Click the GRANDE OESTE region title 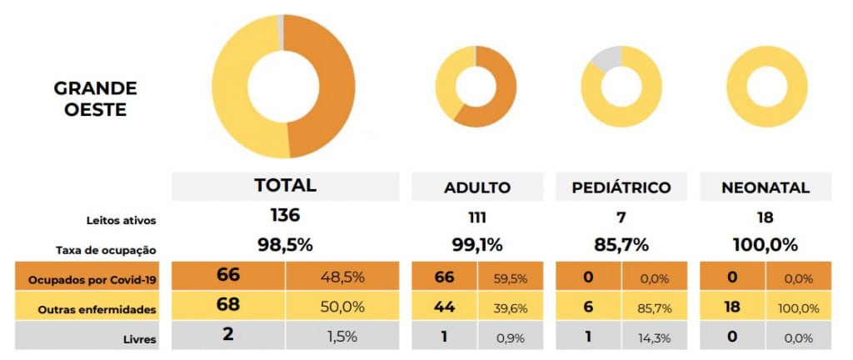click(95, 99)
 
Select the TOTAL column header click(285, 185)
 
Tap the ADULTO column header click(477, 187)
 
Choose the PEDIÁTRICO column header click(621, 187)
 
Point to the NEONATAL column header click(766, 187)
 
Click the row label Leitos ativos click(122, 221)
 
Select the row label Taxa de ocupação click(106, 251)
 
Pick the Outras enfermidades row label click(97, 310)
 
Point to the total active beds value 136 click(285, 215)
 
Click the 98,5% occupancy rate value click(285, 245)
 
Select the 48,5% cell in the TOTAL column click(342, 277)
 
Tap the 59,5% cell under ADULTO click(511, 279)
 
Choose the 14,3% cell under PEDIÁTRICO click(655, 338)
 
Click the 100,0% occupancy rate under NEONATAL click(766, 245)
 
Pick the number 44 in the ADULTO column click(445, 307)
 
